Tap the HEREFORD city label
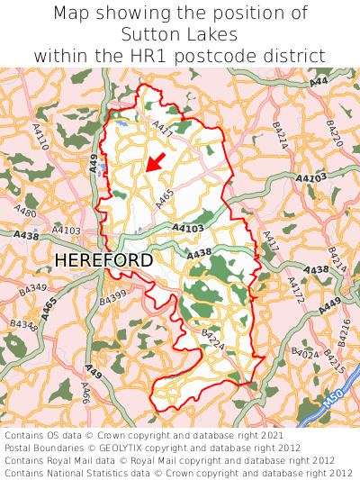(103, 260)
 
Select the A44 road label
(319, 82)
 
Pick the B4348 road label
(27, 323)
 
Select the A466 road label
(85, 393)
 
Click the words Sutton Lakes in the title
(180, 34)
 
